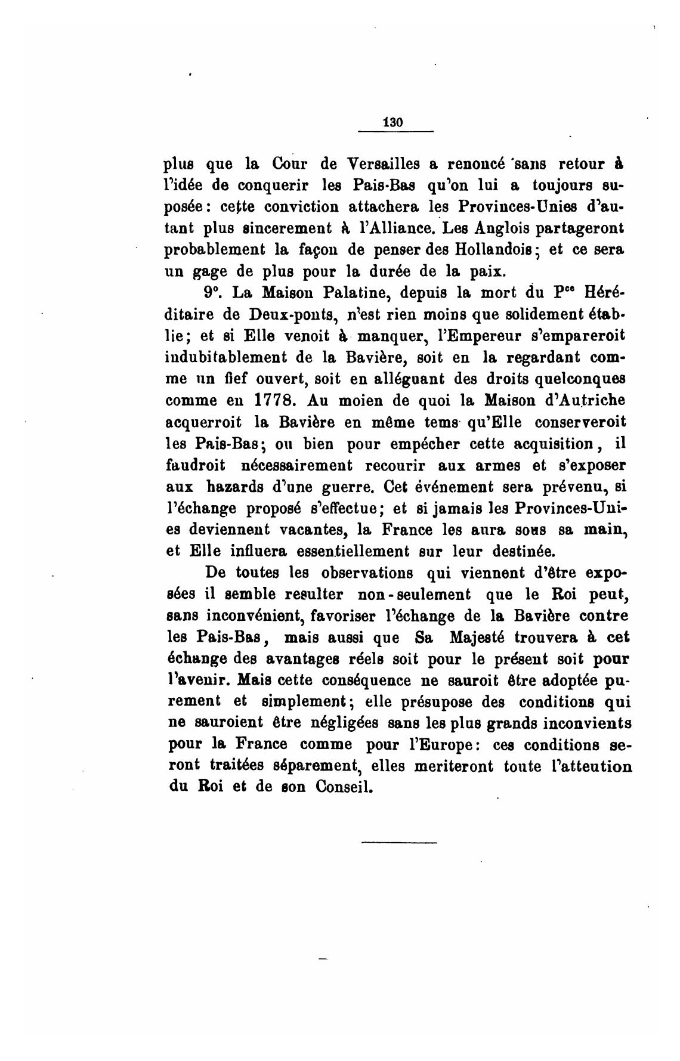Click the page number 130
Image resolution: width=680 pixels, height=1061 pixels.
pyautogui.click(x=394, y=122)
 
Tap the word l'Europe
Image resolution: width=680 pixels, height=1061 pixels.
pyautogui.click(x=438, y=745)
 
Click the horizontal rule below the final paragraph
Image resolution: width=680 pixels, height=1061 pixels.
pyautogui.click(x=399, y=842)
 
